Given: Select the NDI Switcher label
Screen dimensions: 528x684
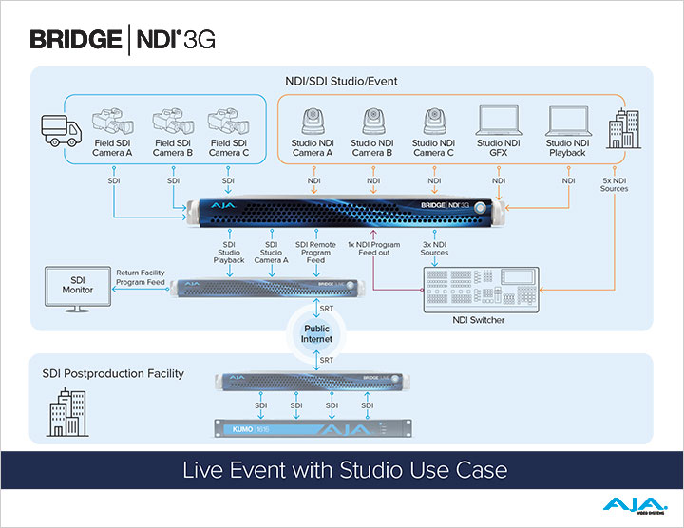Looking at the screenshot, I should (x=473, y=320).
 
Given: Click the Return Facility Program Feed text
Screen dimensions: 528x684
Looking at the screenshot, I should (x=141, y=276).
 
